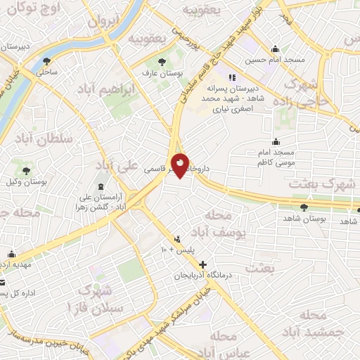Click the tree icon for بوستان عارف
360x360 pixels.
pos(163,61)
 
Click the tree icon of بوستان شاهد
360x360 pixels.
pos(304,207)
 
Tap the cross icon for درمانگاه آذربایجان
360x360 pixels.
pos(203,265)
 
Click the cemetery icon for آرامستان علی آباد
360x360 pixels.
pos(100,186)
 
